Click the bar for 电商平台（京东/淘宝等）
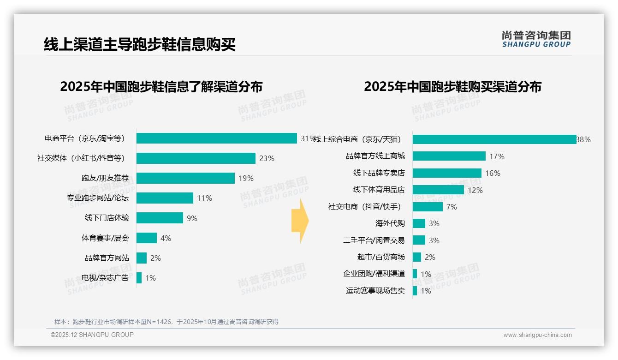point(216,138)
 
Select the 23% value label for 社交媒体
point(267,158)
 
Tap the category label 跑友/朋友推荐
point(105,178)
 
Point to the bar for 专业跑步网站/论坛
point(165,198)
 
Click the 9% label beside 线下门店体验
point(192,218)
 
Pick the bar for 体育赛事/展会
point(147,238)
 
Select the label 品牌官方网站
point(107,258)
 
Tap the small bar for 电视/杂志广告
point(139,278)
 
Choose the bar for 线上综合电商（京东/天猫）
point(494,139)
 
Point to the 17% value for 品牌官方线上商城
point(497,156)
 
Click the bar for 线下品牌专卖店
point(447,173)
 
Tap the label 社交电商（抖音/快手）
point(364,207)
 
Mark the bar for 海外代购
point(419,223)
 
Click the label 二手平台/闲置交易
point(374,240)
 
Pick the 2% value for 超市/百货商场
point(430,257)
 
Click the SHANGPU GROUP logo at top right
point(536,39)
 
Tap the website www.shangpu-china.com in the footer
point(537,335)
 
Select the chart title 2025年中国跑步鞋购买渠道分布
point(452,87)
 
